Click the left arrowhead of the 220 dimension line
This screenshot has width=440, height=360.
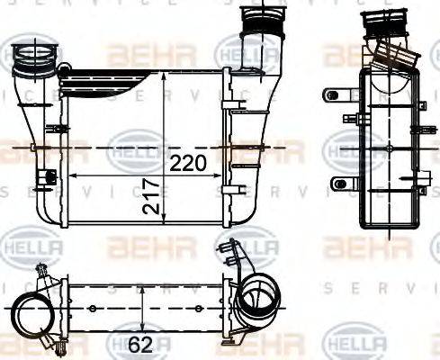[72, 174]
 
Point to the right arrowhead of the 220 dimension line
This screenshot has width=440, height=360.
[220, 174]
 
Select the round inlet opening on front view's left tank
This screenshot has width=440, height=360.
[31, 60]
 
